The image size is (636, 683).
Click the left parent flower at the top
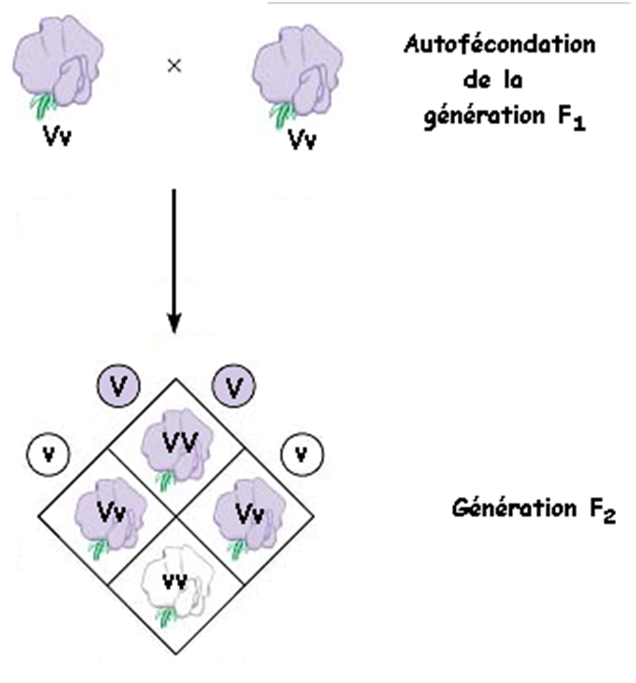pos(53,72)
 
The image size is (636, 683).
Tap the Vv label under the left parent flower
pos(55,138)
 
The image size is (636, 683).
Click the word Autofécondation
pos(500,45)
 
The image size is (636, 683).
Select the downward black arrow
pos(174,258)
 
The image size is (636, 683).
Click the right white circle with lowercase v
pos(302,451)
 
